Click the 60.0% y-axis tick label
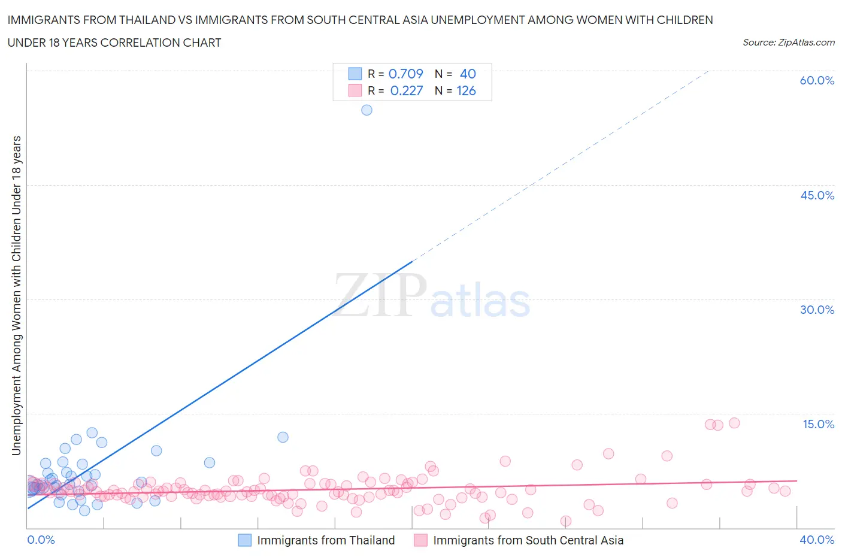click(x=817, y=80)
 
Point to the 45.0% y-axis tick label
click(x=817, y=195)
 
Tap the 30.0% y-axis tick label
click(x=817, y=310)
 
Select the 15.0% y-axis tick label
click(x=818, y=424)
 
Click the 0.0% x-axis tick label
click(x=41, y=540)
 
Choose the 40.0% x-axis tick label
click(x=817, y=540)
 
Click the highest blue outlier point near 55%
click(x=367, y=110)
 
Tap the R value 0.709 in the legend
click(x=405, y=74)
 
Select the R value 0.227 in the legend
click(x=406, y=90)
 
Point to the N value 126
click(x=466, y=90)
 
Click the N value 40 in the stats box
click(x=468, y=74)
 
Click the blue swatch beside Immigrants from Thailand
click(x=244, y=540)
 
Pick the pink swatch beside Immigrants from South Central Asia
click(x=420, y=540)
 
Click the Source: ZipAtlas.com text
click(x=788, y=42)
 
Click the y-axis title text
click(x=16, y=295)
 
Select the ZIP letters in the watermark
click(x=380, y=295)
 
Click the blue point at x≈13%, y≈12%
click(x=283, y=437)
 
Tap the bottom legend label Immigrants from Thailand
click(x=326, y=540)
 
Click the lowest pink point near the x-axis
click(x=565, y=521)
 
